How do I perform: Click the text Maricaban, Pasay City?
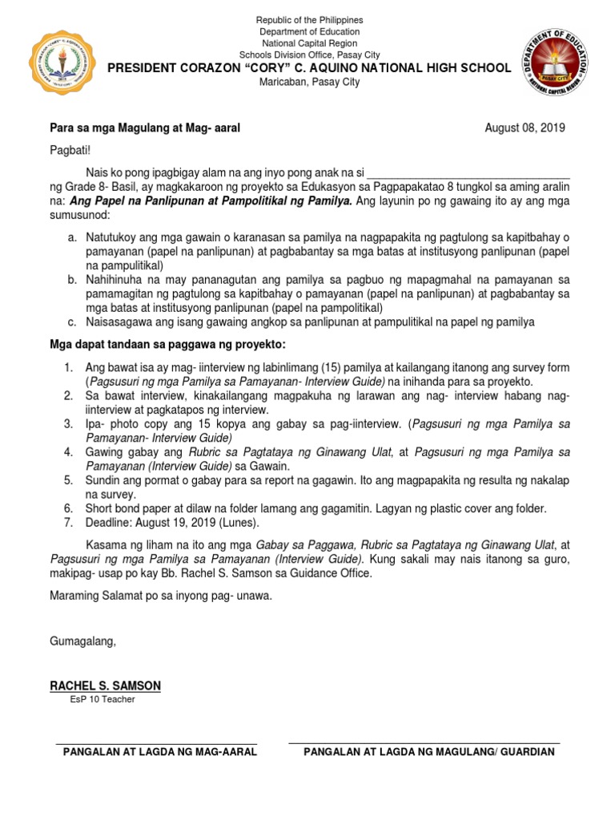[309, 83]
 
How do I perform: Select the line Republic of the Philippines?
[309, 19]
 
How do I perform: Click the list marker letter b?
[71, 279]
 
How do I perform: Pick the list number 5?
[69, 479]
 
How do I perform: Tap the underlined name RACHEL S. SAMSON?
[105, 686]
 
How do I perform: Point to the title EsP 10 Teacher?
[102, 700]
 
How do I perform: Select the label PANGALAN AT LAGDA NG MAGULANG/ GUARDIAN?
[423, 751]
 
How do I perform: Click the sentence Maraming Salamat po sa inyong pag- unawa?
[161, 597]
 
